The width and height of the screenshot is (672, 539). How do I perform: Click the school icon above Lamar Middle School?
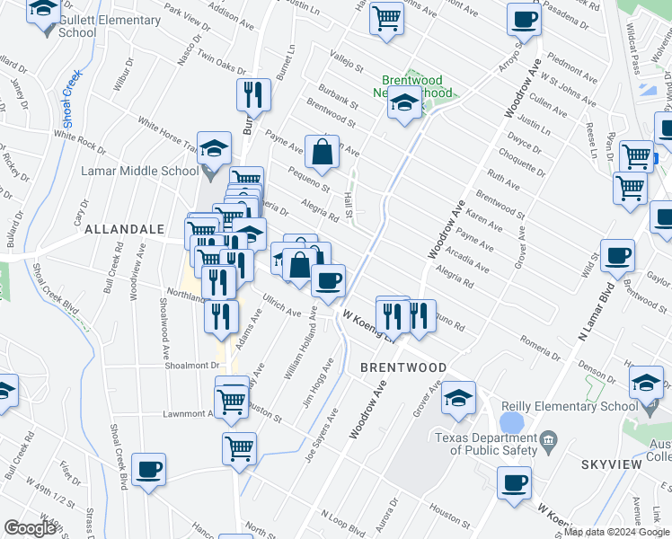215,148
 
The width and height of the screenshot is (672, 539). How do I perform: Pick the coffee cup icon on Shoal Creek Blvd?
149,470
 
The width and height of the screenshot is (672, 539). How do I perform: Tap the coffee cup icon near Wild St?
617,256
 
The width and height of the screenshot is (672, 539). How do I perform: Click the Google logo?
30,527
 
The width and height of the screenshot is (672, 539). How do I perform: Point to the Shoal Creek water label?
68,93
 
